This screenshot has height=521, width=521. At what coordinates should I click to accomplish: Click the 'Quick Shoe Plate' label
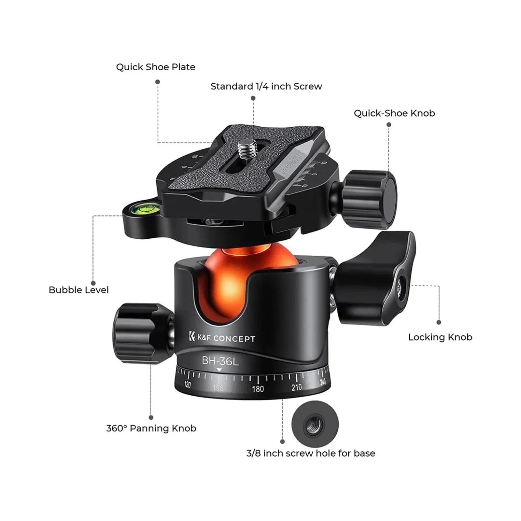point(156,67)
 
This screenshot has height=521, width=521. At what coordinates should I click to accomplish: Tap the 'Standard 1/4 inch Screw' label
point(266,86)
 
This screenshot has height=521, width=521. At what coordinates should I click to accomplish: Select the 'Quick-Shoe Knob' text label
point(394,113)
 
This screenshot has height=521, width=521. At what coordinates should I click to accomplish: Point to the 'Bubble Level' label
point(78,290)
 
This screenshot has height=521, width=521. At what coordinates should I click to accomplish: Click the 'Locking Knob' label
point(440,337)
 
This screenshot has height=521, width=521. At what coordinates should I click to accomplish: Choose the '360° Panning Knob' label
point(151,428)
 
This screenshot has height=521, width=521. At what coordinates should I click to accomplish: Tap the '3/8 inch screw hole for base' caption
point(311,453)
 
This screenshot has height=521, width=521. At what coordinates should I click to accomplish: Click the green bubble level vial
point(142,207)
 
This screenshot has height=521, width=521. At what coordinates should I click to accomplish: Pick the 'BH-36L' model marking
point(220,361)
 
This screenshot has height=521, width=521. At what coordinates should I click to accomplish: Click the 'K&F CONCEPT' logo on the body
point(222,338)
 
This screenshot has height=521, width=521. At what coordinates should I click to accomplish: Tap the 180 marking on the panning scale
point(258,389)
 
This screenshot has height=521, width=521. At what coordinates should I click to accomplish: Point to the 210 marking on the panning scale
point(296,387)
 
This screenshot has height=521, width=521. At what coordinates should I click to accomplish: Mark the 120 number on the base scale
point(187,385)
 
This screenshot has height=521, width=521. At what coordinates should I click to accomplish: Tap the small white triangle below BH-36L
point(219,370)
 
